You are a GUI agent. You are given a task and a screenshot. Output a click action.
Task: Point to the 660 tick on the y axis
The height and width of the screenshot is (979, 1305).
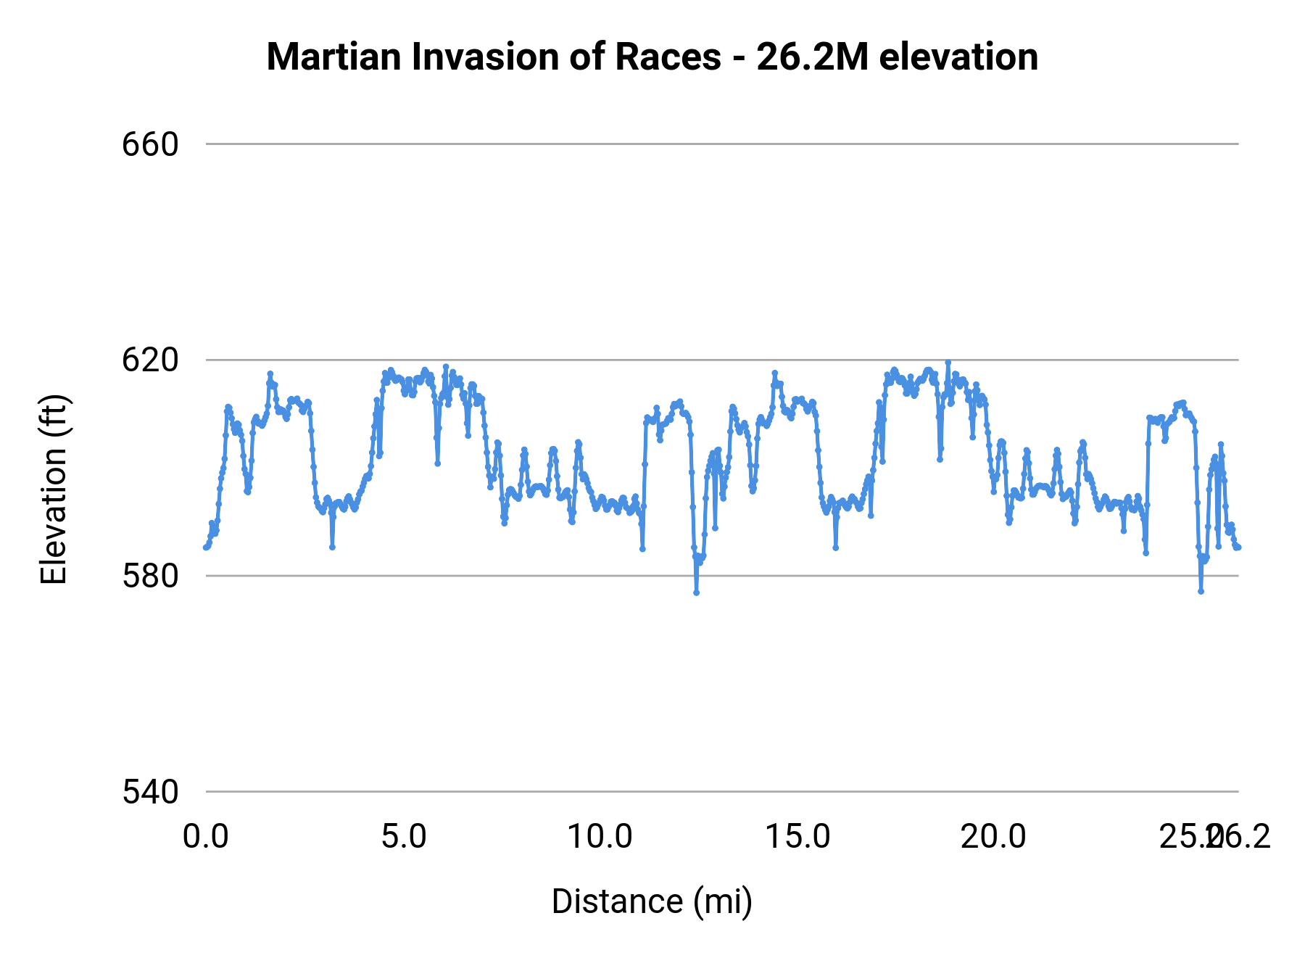[x=150, y=145]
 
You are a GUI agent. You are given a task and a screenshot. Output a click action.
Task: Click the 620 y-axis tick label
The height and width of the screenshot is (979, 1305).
[x=150, y=360]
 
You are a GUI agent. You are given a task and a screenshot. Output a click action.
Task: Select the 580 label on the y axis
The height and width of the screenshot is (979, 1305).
[x=150, y=577]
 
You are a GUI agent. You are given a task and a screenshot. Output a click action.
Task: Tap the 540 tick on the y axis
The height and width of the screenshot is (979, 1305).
[x=150, y=792]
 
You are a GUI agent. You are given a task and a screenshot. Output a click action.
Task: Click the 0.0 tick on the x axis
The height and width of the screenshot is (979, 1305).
[x=206, y=837]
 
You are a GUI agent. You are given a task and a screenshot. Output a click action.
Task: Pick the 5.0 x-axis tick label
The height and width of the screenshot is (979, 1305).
[x=404, y=837]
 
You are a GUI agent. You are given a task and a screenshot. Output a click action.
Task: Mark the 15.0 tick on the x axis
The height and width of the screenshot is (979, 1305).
[x=797, y=837]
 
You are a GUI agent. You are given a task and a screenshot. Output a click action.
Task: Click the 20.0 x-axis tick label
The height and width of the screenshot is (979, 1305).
[x=993, y=837]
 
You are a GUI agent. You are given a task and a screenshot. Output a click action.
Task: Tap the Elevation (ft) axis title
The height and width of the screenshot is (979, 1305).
[x=54, y=489]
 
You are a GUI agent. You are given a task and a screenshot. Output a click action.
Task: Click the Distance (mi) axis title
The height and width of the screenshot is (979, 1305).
[x=652, y=901]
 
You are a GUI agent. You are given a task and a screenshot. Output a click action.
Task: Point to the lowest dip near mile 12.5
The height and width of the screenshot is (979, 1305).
[x=696, y=592]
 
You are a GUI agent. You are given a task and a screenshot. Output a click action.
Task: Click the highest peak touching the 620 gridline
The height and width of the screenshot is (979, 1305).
[x=948, y=361]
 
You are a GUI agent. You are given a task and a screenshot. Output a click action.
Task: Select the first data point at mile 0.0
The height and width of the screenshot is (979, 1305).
[x=206, y=548]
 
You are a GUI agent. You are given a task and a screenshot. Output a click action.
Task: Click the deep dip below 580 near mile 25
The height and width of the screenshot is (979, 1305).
[x=1201, y=591]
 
